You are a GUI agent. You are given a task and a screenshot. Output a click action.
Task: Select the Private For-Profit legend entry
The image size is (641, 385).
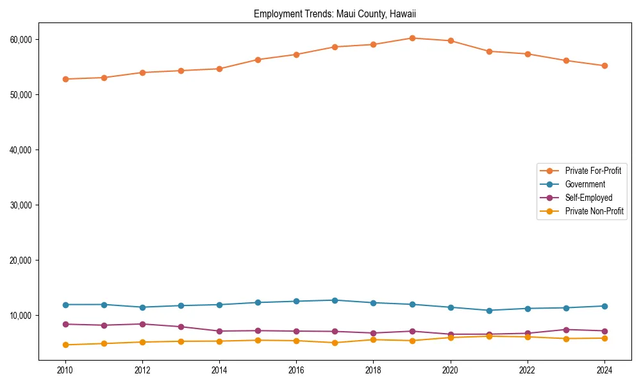[x=593, y=171]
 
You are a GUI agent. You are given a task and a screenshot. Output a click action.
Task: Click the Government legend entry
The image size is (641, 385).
[x=585, y=184]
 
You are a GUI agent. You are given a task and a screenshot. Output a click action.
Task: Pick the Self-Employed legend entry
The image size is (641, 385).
[x=588, y=198]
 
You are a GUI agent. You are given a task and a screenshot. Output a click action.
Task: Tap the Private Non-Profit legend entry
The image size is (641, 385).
[x=594, y=211]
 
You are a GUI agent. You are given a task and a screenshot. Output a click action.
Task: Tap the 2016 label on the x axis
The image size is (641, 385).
[x=296, y=370]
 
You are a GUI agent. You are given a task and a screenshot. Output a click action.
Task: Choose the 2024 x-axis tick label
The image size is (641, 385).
[x=604, y=370]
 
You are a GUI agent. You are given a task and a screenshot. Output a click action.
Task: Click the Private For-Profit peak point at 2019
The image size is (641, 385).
[x=412, y=38]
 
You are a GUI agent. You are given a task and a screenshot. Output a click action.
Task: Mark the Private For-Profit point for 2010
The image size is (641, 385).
[x=65, y=79]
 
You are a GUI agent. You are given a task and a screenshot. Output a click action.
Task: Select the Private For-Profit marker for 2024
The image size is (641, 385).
[x=604, y=65]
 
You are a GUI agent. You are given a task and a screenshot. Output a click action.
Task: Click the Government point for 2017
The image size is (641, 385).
[x=335, y=300]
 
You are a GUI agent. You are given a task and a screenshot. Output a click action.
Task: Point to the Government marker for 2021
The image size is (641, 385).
[x=489, y=310]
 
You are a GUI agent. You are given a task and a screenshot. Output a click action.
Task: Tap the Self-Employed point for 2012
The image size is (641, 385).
[x=142, y=324]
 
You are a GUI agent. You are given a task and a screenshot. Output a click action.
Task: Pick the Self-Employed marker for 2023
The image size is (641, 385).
[x=566, y=330]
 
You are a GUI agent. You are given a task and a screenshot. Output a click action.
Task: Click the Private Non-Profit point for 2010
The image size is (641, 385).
[x=65, y=345]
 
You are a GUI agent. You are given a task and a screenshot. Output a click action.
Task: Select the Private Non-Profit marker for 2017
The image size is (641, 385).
[x=335, y=343]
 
